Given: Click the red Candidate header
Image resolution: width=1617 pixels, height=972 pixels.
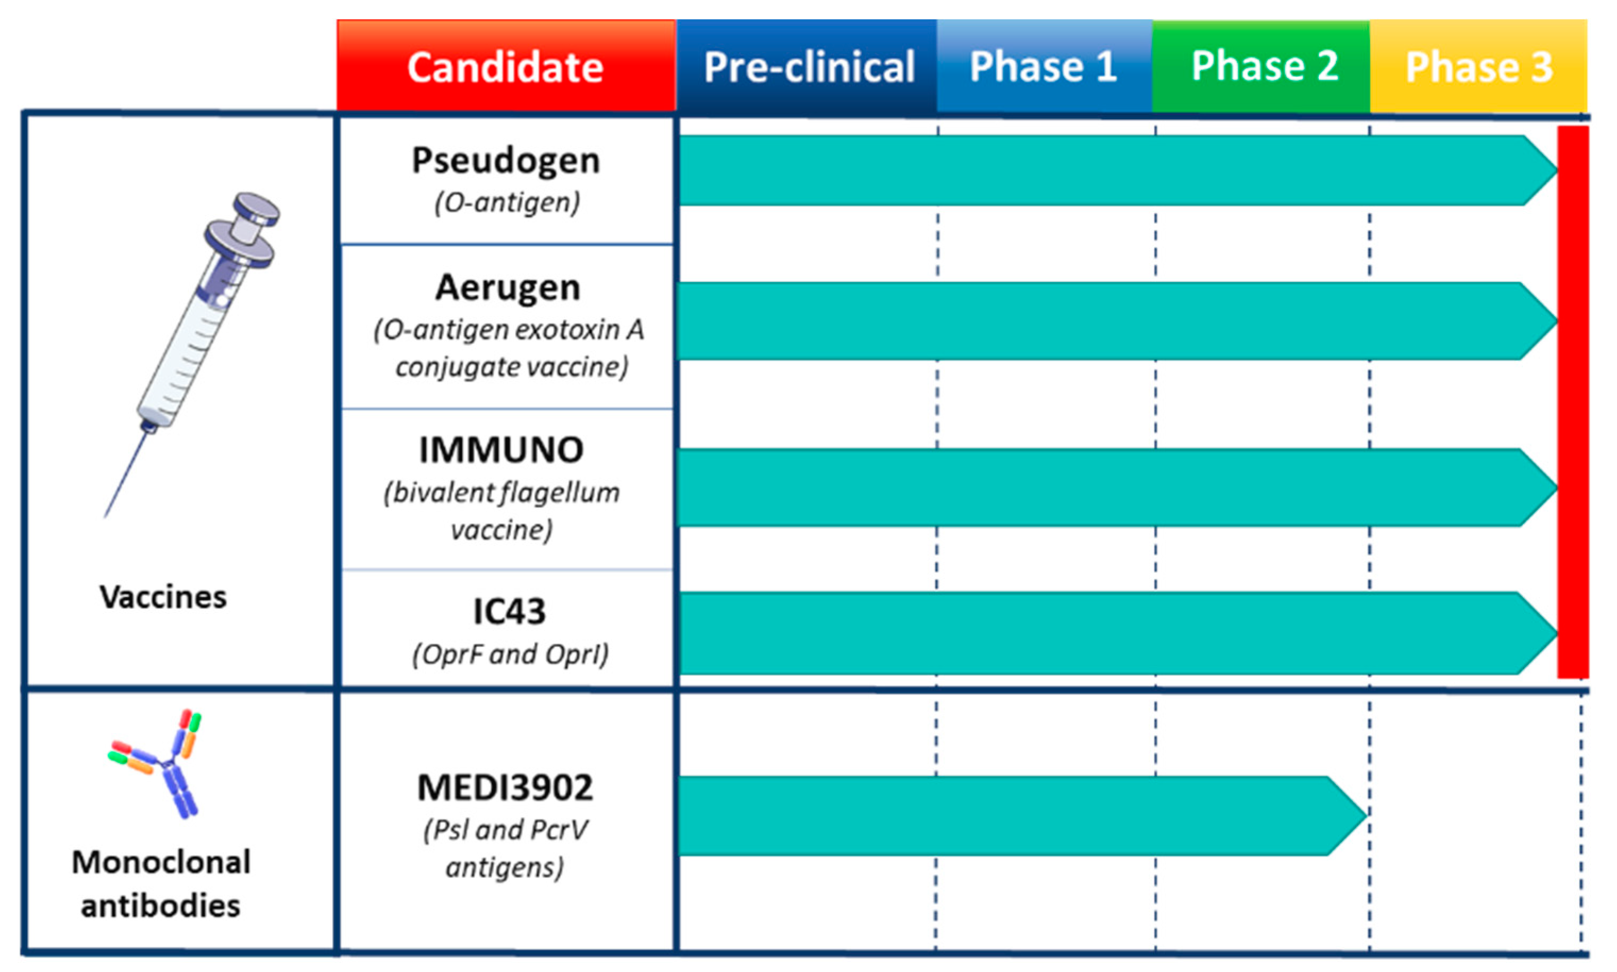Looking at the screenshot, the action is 506,65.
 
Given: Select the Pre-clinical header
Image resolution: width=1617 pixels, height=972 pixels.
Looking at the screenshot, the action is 807,65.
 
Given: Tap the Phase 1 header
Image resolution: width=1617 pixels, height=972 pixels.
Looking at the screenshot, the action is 1044,65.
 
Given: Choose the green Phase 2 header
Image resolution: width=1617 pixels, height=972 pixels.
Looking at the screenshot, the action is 1261,65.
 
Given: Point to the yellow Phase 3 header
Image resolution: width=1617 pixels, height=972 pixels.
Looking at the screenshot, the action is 1479,65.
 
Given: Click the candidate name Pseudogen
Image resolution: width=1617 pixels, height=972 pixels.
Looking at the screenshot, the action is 506,160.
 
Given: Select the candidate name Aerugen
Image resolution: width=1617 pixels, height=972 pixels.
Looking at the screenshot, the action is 508,287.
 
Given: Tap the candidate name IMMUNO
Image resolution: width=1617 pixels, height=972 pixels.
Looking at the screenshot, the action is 501,450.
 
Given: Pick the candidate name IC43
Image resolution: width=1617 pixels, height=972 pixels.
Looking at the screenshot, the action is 509,611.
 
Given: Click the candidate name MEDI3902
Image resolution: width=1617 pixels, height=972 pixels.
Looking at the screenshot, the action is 505,787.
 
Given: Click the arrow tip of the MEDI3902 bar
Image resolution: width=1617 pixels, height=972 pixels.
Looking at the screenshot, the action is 1366,815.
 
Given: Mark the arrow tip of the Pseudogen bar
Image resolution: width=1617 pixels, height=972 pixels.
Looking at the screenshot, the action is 1557,169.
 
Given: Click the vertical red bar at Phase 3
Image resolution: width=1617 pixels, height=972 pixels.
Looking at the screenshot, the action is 1573,402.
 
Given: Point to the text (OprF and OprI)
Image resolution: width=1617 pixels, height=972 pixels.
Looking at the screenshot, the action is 510,654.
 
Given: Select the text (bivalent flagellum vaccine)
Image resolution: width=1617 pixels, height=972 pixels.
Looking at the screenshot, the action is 502,511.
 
